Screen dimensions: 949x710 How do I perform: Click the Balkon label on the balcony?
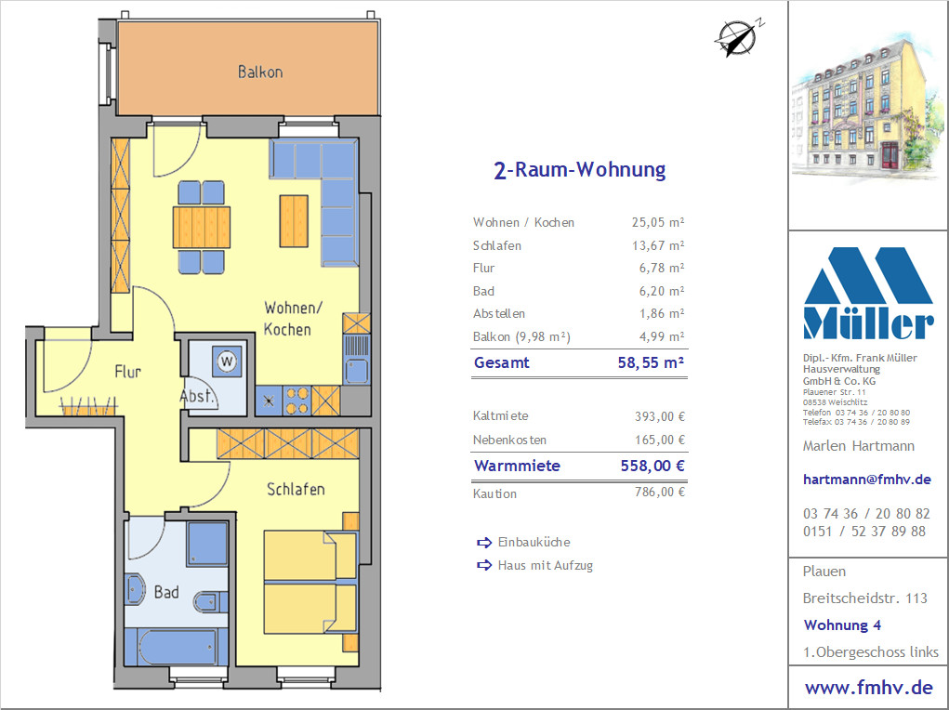click(260, 72)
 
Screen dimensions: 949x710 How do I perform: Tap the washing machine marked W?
click(227, 362)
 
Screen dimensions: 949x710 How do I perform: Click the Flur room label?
click(127, 371)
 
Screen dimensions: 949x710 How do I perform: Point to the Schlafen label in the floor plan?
click(296, 489)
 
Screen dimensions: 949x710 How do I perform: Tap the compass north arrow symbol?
click(738, 37)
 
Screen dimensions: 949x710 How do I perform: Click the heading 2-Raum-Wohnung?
click(580, 170)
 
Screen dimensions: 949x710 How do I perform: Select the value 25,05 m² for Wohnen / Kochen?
click(658, 222)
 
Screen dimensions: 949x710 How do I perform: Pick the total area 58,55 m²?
click(652, 362)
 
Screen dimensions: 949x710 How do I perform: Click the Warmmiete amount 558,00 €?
click(652, 466)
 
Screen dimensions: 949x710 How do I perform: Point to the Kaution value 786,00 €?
click(660, 493)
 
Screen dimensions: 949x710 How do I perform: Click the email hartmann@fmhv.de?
click(866, 480)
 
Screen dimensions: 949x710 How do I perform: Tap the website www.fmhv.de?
click(868, 688)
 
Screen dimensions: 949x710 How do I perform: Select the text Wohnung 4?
click(842, 625)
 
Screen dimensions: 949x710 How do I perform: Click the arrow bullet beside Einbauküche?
click(484, 543)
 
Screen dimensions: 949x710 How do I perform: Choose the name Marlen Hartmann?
click(858, 446)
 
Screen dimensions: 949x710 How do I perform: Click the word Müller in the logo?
click(868, 324)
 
